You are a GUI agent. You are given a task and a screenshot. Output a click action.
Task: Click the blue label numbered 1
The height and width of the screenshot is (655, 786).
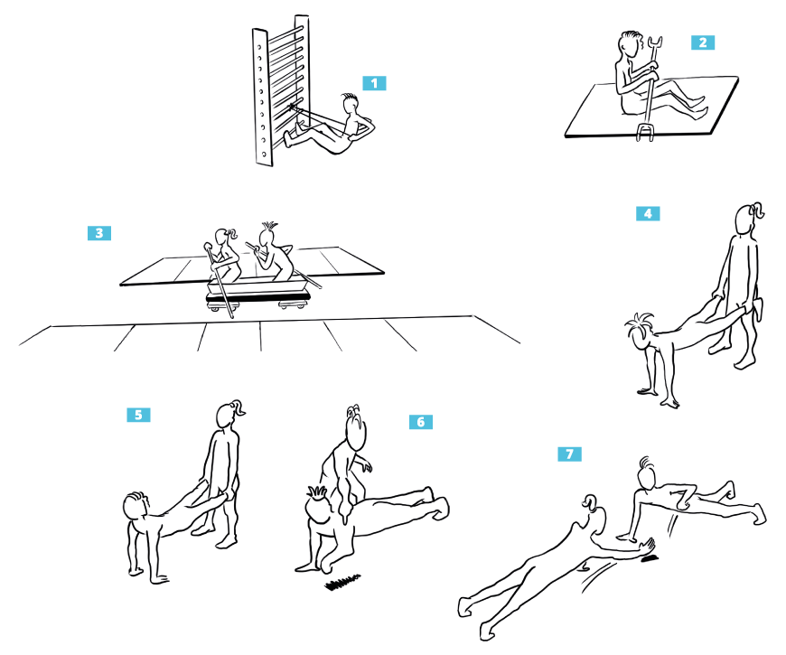[374, 83]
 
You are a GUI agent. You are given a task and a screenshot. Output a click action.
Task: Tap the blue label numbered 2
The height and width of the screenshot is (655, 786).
[703, 42]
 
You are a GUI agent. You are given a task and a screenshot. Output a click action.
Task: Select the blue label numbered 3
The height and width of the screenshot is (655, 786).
[99, 233]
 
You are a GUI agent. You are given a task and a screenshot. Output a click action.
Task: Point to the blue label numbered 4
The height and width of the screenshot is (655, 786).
[648, 213]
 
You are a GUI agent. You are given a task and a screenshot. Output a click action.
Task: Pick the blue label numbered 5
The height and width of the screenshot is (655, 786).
[139, 415]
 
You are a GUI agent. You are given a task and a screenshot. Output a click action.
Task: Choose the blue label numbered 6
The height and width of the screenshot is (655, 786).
[421, 422]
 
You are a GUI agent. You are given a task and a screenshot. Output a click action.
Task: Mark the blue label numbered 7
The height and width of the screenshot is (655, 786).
[570, 454]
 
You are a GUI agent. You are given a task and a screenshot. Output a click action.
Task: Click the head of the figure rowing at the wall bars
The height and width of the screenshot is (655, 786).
[351, 104]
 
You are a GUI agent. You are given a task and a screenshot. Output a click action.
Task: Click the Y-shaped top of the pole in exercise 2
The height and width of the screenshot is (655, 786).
[655, 49]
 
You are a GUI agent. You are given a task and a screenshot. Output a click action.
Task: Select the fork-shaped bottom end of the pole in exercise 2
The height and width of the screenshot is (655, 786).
[646, 131]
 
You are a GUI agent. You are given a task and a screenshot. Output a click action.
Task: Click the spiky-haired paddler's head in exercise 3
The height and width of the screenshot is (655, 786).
[267, 236]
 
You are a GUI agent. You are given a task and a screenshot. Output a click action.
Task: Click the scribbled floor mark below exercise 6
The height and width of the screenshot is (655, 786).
[343, 581]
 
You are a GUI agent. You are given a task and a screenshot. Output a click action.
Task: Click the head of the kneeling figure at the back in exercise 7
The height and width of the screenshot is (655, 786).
[646, 473]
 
